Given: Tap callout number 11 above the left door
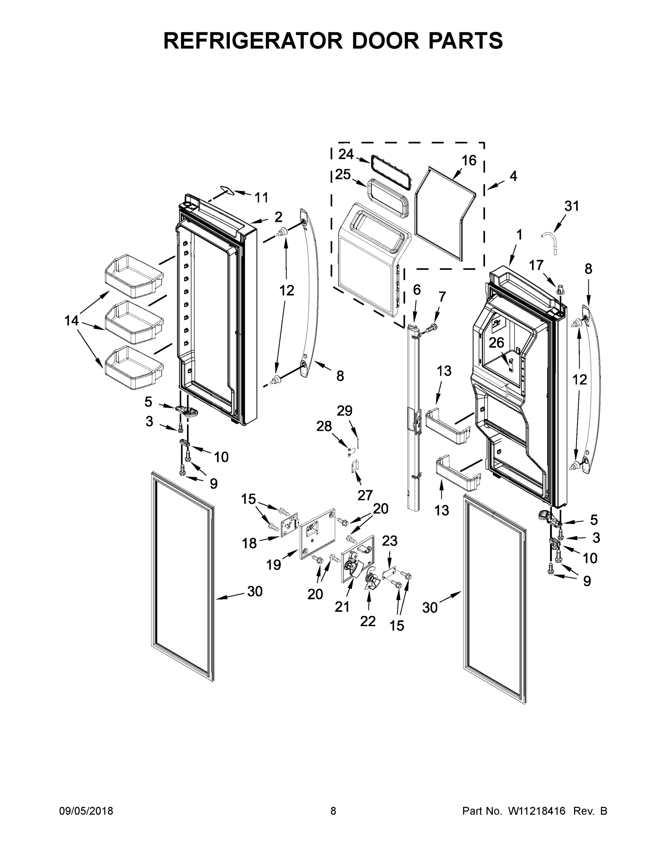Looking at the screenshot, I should pos(261,197).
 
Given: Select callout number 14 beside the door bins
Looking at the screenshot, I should pos(72,320).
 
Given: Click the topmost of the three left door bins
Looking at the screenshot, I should pos(133,276).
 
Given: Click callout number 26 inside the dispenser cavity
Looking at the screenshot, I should pos(496,343).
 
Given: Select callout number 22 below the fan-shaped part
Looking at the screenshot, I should pos(368,621).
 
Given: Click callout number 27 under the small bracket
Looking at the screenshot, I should pos(365,495).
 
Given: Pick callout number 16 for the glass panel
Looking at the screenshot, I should pos(469,160).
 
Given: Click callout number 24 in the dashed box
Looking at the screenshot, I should pos(346,154).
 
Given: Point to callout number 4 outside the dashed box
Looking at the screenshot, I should pos(513,176).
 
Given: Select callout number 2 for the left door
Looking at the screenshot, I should pos(278,217).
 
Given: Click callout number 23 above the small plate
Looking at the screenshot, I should pos(390,541).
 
